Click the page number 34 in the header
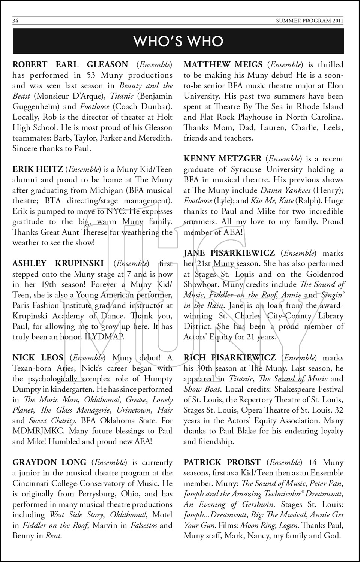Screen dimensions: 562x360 (x=15, y=21)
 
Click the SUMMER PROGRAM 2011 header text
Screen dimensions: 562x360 (x=309, y=21)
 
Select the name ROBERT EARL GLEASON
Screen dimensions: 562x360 (x=70, y=65)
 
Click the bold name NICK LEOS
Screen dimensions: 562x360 (x=38, y=358)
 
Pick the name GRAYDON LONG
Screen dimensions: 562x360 (x=49, y=463)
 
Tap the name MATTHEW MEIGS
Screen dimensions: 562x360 (x=223, y=65)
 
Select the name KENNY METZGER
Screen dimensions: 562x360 (x=223, y=159)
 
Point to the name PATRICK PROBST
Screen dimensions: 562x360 (x=222, y=463)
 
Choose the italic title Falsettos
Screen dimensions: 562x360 (x=144, y=526)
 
